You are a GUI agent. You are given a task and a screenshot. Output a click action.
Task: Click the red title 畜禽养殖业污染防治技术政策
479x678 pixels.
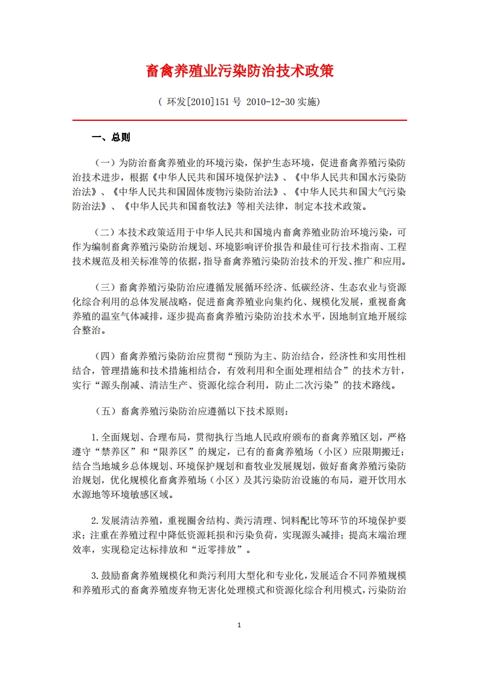240,71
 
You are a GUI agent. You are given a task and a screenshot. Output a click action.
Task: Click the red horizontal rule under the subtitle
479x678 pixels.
240,120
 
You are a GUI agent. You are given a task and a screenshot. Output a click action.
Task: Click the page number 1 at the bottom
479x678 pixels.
240,624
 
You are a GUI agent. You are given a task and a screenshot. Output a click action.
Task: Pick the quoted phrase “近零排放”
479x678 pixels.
219,550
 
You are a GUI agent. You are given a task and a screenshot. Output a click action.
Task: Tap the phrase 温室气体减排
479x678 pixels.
132,315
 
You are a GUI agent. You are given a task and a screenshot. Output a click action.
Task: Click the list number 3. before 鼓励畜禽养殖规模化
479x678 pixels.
95,576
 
